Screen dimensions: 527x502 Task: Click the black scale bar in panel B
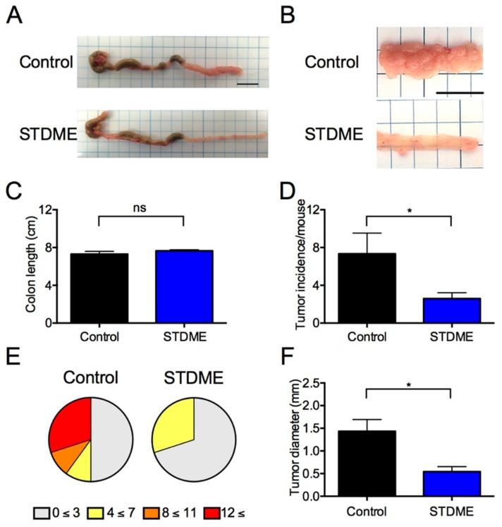pyautogui.click(x=460, y=92)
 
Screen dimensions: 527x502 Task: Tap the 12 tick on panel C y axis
pyautogui.click(x=63, y=210)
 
